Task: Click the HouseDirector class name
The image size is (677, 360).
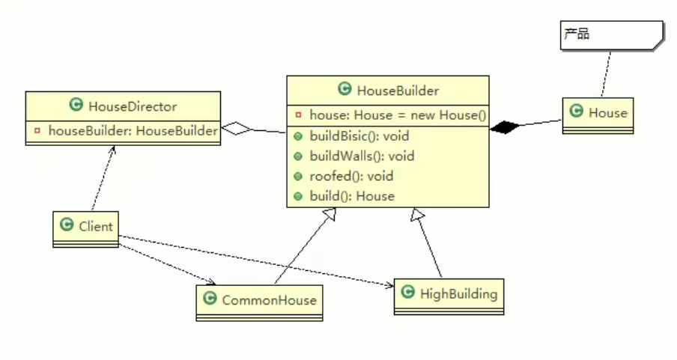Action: pos(132,106)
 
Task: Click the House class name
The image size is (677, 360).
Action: pos(607,113)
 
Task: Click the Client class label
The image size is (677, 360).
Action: pos(95,225)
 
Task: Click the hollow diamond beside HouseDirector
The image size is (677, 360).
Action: pos(237,129)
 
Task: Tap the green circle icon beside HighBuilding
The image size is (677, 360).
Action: pos(407,293)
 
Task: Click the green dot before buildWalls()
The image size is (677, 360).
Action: pos(297,156)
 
